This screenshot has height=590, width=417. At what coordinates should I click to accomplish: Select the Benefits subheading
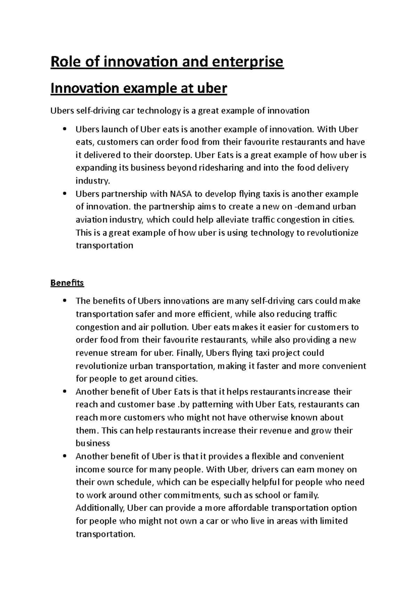(x=67, y=283)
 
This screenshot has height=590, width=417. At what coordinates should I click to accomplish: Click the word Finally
(x=190, y=353)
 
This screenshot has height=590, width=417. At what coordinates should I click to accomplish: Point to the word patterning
(x=213, y=404)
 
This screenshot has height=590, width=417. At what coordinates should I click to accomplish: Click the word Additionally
(x=100, y=508)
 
